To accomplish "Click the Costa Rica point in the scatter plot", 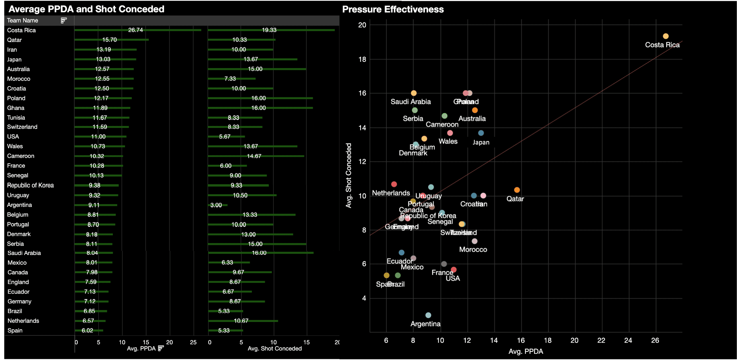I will point(666,36).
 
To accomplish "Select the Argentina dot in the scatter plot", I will point(428,315).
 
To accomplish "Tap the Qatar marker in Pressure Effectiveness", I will point(517,190).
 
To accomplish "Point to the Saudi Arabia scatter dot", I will point(413,93).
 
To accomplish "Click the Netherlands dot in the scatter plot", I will point(394,184).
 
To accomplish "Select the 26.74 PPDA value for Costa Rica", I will point(135,30).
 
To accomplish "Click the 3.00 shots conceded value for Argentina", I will point(216,205).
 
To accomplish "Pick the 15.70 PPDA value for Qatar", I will point(110,40).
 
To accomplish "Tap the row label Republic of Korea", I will point(30,185).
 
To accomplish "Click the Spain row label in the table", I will point(15,330).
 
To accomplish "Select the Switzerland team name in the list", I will point(22,127).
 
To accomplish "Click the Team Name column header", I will point(22,20).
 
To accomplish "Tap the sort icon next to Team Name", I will point(64,20).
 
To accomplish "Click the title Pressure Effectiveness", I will point(393,9).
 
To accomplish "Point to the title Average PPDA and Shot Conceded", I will point(86,9).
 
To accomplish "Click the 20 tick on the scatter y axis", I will point(362,25).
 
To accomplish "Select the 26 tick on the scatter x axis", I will point(655,340).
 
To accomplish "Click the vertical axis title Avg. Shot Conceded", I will point(349,175).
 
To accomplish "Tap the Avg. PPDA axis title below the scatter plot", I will point(526,351).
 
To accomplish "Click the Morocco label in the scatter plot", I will point(473,249).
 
